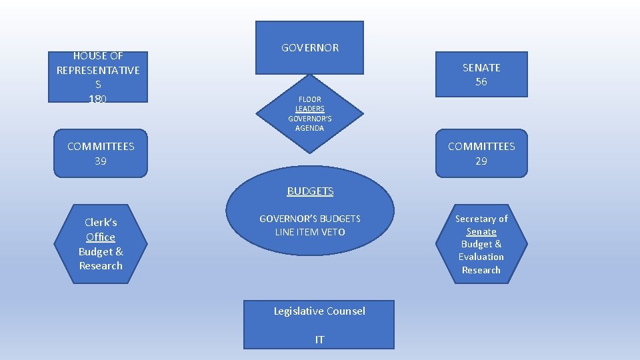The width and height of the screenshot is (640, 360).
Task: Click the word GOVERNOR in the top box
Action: click(x=310, y=48)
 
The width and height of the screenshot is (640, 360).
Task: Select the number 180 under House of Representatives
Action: click(x=98, y=99)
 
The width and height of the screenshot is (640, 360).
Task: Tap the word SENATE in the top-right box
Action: click(x=481, y=67)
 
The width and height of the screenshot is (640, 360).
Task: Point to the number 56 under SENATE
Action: click(x=481, y=82)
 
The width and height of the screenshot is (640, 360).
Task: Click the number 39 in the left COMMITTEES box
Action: click(x=100, y=161)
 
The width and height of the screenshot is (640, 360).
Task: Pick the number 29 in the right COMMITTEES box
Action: click(x=481, y=161)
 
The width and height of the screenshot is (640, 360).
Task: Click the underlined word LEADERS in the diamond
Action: click(x=310, y=109)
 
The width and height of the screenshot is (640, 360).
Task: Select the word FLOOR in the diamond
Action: click(x=309, y=99)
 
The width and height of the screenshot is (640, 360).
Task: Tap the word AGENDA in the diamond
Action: click(x=310, y=128)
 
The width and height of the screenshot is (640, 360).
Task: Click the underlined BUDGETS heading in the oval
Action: click(x=310, y=191)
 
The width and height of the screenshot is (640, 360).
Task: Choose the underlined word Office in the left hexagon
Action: click(x=101, y=237)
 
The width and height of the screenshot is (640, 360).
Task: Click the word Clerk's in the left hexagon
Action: click(x=101, y=223)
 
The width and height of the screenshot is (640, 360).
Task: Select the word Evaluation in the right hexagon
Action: click(x=481, y=257)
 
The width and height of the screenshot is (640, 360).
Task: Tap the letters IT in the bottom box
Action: click(x=319, y=340)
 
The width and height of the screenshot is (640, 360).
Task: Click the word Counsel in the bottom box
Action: click(x=345, y=311)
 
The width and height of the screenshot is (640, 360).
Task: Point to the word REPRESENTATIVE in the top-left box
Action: click(x=98, y=70)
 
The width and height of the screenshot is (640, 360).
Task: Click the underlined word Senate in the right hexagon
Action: click(x=481, y=231)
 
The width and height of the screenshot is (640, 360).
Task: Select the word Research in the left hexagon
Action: click(x=101, y=265)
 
